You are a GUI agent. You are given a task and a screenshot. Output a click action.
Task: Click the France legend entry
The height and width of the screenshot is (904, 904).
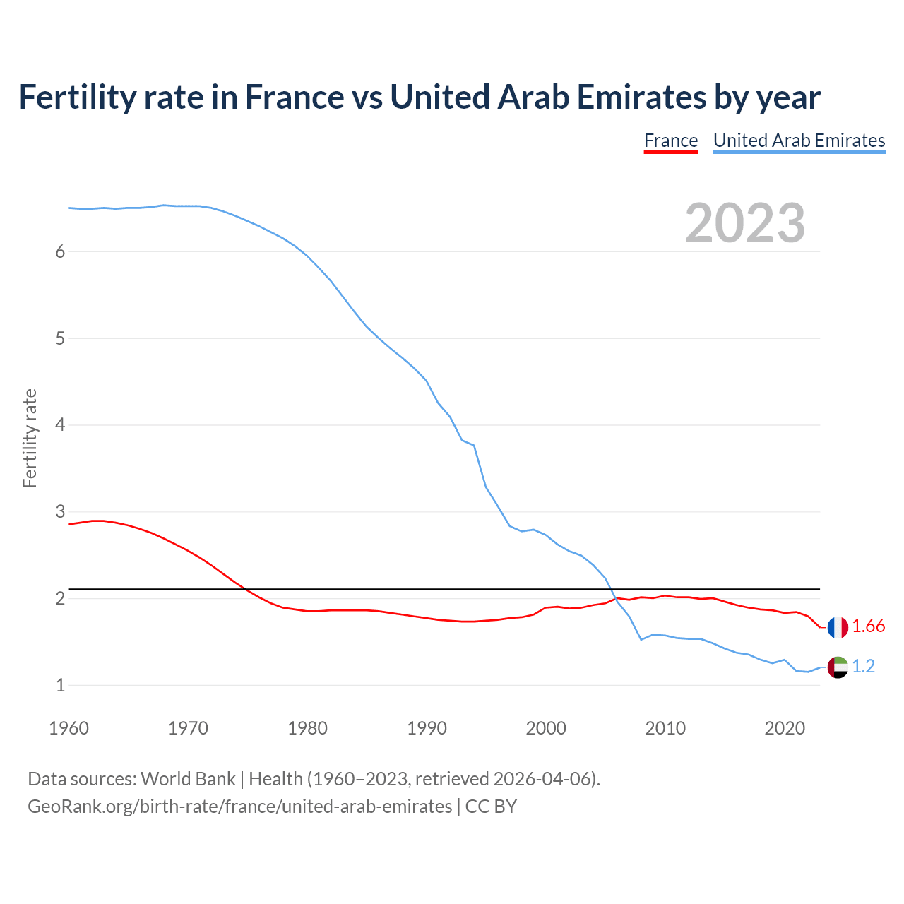point(670,141)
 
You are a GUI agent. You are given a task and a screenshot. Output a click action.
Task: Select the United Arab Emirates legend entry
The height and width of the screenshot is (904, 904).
point(799,141)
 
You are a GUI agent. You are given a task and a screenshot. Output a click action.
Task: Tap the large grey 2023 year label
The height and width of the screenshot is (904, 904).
point(745,223)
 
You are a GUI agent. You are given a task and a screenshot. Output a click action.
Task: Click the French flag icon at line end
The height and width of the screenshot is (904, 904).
point(838,626)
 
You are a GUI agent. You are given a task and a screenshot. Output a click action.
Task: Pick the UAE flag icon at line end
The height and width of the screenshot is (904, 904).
point(838,667)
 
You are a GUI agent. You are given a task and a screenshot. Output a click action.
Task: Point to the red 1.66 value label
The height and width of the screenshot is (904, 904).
point(868,626)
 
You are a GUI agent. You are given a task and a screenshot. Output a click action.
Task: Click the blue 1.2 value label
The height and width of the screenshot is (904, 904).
point(863,667)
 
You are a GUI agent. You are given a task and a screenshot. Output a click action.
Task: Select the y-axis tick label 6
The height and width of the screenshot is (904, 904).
point(60,252)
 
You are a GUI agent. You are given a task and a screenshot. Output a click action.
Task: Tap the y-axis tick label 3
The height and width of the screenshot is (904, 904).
point(60,511)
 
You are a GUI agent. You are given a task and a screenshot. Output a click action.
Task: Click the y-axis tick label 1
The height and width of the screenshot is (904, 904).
point(60,685)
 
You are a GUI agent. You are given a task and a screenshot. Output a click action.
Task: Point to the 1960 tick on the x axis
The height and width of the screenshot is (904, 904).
point(69,728)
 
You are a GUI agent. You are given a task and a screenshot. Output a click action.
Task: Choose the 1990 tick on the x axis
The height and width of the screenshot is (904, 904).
point(427,728)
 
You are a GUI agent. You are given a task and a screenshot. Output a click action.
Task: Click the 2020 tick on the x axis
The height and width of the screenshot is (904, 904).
point(785,728)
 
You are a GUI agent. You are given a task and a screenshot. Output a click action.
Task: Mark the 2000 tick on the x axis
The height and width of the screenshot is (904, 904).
point(546,728)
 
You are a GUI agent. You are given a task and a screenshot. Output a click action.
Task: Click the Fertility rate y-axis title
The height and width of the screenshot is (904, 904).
point(30,438)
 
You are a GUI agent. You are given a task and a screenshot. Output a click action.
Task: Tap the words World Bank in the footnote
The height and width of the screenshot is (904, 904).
point(188,779)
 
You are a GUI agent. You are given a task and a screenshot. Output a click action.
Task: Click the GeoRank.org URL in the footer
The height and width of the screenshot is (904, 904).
point(239,807)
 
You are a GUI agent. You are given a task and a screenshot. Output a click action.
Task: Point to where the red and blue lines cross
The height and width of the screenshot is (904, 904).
point(614,599)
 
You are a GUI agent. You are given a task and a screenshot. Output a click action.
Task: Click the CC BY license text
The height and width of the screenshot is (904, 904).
point(491,807)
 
